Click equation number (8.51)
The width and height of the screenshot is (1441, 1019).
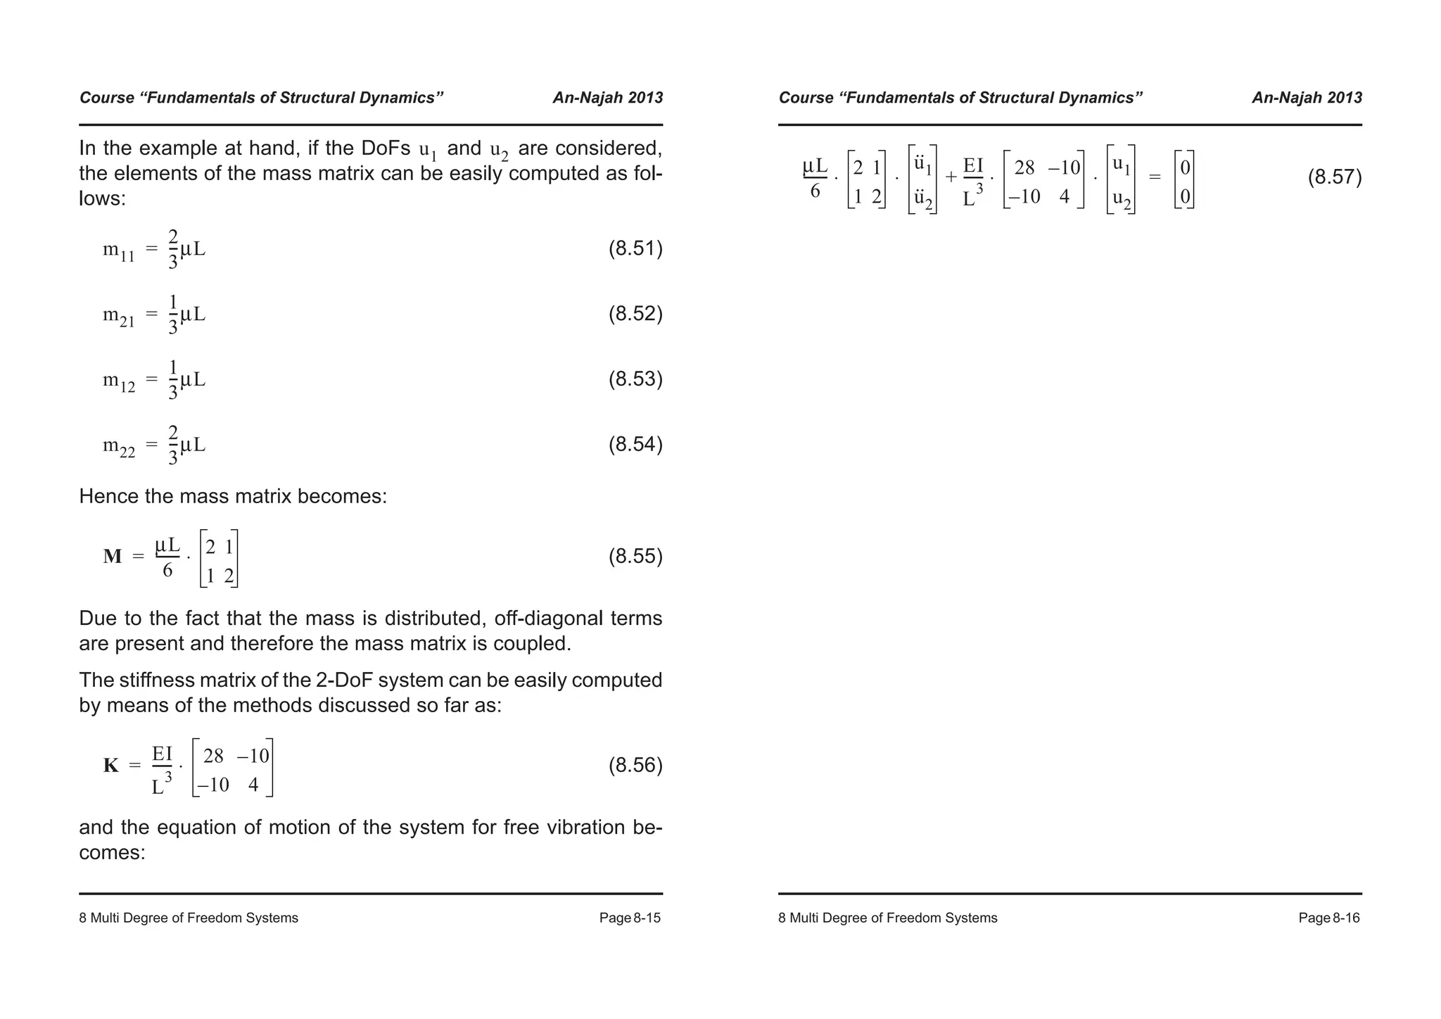point(635,248)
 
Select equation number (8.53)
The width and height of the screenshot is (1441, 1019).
point(635,379)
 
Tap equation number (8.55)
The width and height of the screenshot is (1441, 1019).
point(635,557)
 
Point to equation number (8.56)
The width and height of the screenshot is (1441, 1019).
point(635,765)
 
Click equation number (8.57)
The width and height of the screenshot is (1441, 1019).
point(1334,177)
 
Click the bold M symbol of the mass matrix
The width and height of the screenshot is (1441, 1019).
point(113,557)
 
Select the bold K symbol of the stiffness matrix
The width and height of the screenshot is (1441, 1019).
point(111,766)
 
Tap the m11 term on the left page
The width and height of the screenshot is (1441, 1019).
point(118,251)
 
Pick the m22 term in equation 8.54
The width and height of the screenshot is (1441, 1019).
point(118,447)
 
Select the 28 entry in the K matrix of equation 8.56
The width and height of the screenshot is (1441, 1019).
point(213,756)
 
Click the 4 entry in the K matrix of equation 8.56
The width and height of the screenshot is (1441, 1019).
point(253,785)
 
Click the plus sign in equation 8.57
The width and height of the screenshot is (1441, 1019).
point(951,177)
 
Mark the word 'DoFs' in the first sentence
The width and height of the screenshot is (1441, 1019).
point(386,148)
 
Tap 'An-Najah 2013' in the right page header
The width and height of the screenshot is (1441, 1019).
point(1306,98)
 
